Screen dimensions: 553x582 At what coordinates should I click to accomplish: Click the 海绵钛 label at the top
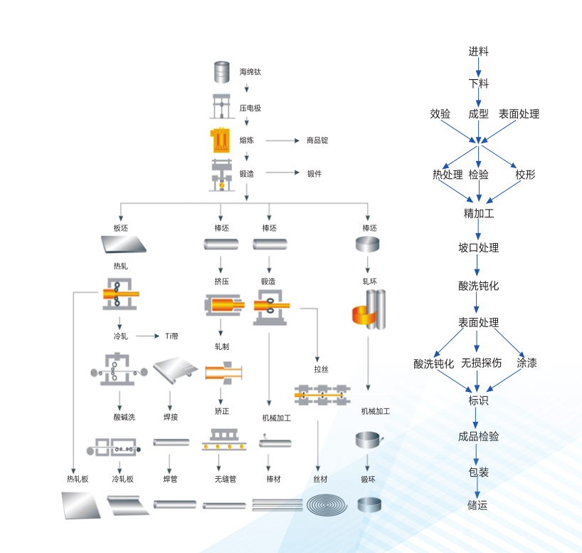[x=250, y=73]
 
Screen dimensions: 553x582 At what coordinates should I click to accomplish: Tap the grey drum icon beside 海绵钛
[x=223, y=73]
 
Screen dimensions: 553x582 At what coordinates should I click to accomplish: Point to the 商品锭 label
[x=317, y=140]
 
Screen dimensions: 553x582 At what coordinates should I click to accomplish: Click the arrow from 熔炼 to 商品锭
[x=282, y=140]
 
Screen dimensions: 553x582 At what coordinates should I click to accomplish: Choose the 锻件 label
[x=314, y=173]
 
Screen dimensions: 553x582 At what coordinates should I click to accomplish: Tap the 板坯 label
[x=120, y=228]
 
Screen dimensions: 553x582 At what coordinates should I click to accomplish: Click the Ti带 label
[x=171, y=336]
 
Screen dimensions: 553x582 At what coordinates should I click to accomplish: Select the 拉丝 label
[x=322, y=369]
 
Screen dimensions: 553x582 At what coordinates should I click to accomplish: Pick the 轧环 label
[x=369, y=281]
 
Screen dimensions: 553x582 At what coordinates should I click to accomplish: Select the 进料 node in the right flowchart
[x=478, y=51]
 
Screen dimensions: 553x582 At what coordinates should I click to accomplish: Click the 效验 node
[x=440, y=114]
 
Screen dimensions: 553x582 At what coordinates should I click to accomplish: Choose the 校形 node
[x=525, y=175]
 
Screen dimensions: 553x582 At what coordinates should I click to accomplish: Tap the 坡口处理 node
[x=478, y=248]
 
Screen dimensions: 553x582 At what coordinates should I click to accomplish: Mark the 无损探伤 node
[x=481, y=363]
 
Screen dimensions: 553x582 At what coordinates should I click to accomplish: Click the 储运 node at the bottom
[x=477, y=505]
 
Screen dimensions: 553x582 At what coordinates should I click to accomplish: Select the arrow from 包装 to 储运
[x=477, y=488]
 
